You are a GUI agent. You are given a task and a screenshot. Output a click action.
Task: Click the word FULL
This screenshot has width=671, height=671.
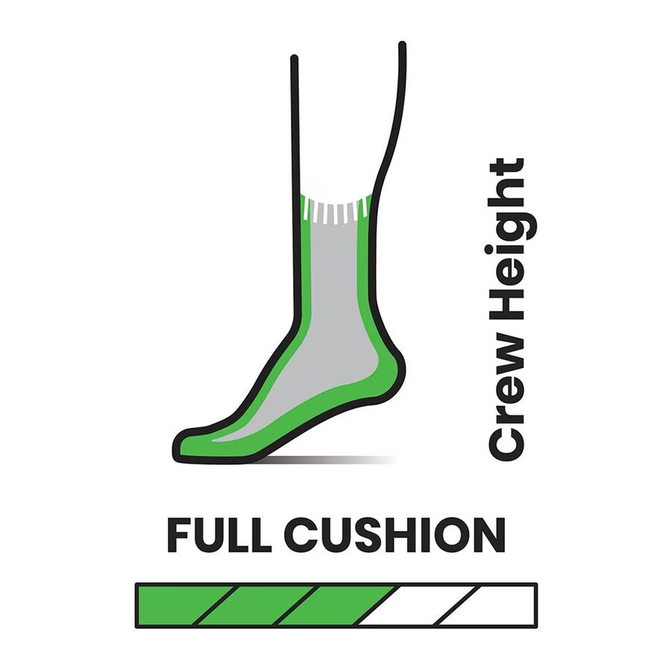[x=219, y=535]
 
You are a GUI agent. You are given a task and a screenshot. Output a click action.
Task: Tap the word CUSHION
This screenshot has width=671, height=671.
[x=395, y=535]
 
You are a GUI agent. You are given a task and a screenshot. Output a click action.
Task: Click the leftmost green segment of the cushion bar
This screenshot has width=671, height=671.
[x=186, y=605]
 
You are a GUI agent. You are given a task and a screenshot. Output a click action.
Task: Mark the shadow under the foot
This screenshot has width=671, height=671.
[x=330, y=460]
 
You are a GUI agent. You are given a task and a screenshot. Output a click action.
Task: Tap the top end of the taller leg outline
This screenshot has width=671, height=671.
[x=402, y=44]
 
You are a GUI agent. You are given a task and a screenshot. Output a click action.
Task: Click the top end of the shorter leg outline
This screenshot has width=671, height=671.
[x=294, y=57]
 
